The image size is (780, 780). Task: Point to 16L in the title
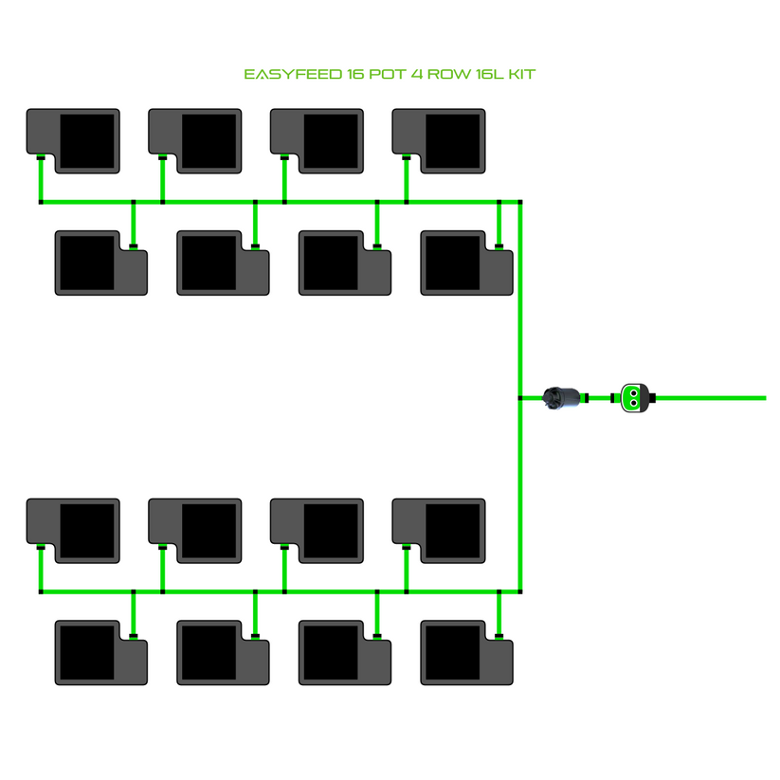490,74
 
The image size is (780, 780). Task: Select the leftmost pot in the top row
74,140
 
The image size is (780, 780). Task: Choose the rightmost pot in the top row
439,140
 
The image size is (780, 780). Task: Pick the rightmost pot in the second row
466,263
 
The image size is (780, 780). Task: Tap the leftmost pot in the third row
74,530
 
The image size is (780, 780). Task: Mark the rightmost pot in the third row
439,530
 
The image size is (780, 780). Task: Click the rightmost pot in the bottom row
466,652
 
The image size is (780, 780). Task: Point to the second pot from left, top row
195,140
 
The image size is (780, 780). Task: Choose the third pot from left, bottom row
345,652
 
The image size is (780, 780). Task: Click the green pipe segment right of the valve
711,398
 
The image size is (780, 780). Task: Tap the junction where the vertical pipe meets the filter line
520,398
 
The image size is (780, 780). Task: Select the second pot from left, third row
195,530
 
